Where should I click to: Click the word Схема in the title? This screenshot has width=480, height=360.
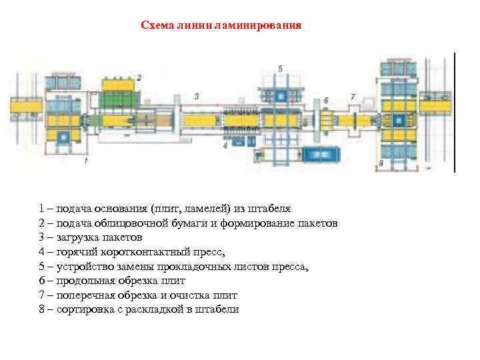point(156,26)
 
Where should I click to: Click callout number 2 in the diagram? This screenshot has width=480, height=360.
point(139,78)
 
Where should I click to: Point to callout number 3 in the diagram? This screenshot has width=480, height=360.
point(196,96)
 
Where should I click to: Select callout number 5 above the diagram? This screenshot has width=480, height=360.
point(280,68)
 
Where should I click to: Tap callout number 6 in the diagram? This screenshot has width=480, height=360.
point(325,101)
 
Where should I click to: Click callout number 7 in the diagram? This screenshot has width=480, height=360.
point(353,97)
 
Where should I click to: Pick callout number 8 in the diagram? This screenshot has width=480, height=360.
point(381,163)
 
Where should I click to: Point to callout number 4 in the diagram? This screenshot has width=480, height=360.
point(225,144)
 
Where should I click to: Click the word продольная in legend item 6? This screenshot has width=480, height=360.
point(87,281)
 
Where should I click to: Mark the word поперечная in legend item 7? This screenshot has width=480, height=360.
point(87,295)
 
